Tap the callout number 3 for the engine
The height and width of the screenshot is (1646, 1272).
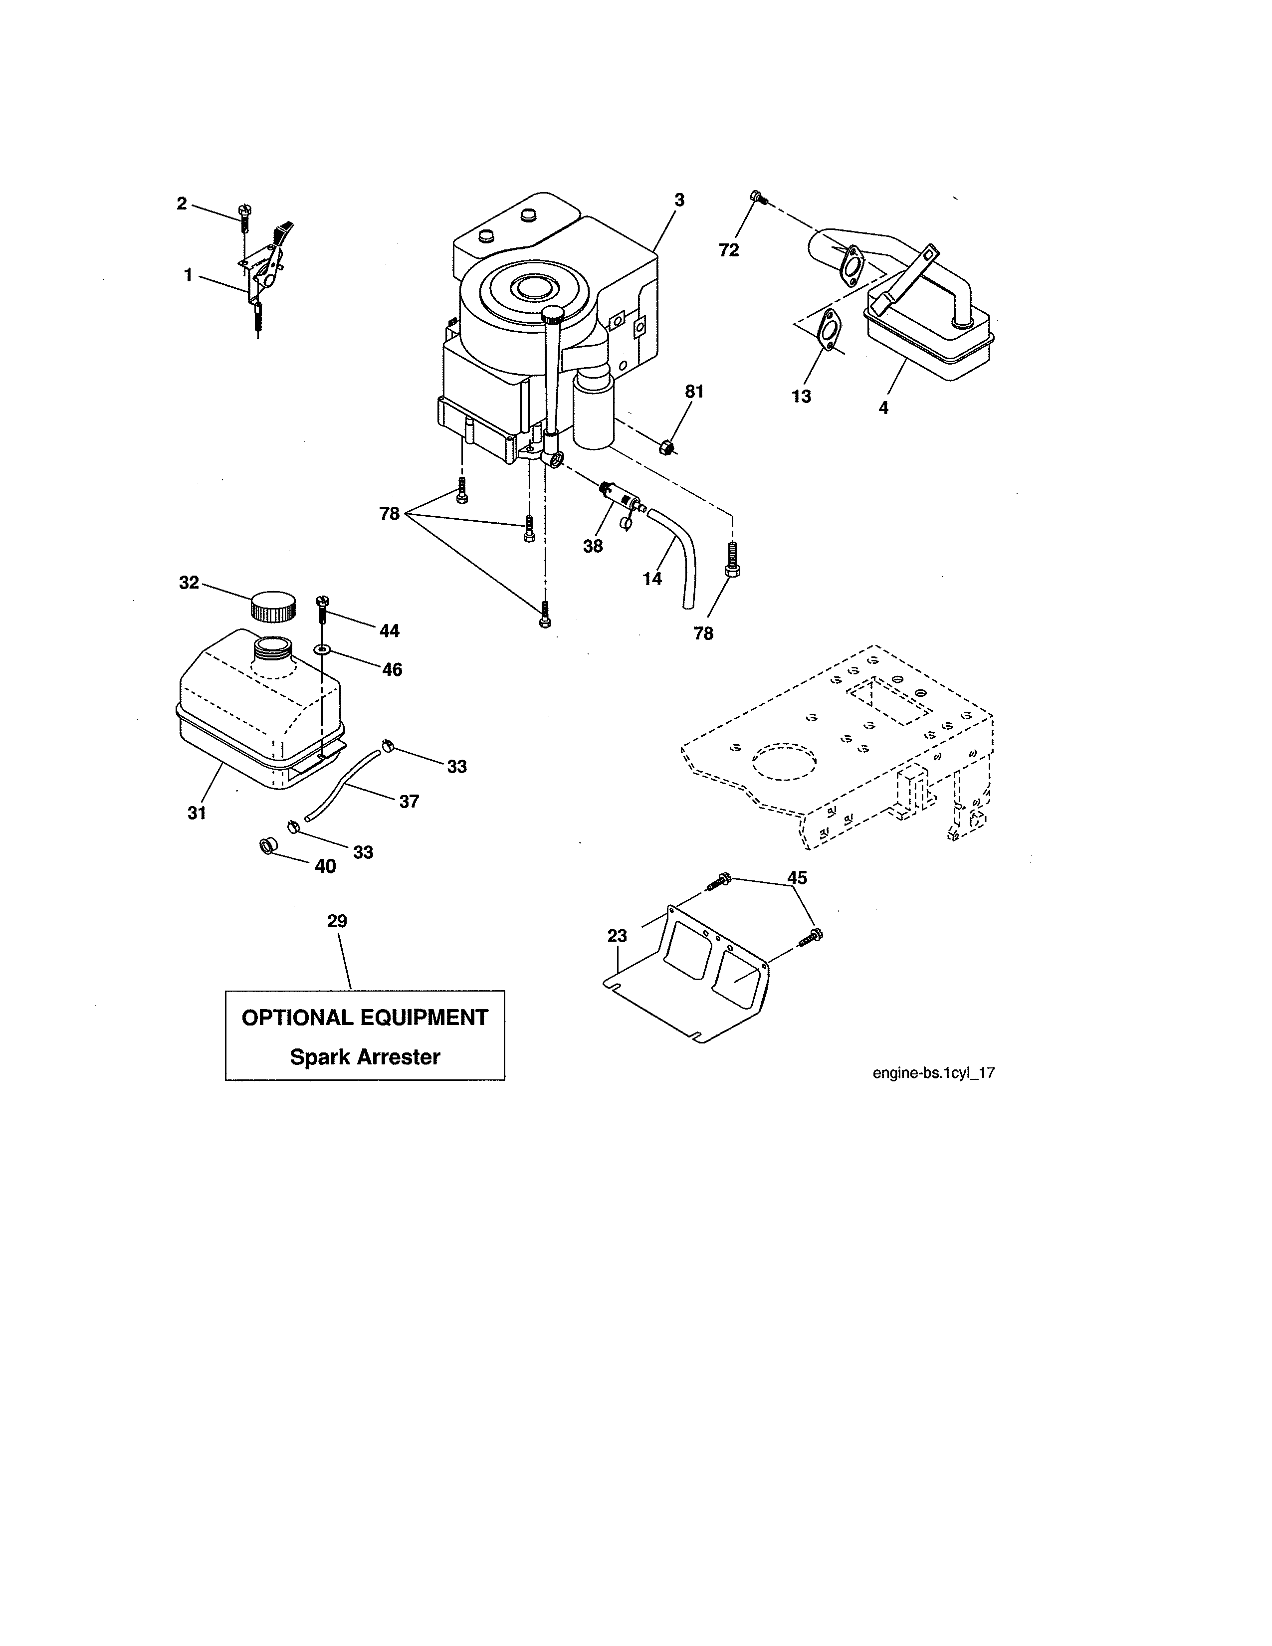click(x=679, y=201)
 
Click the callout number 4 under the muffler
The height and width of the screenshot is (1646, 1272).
click(x=883, y=408)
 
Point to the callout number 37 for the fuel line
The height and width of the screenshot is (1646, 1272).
click(x=409, y=801)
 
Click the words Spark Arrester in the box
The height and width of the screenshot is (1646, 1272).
click(x=365, y=1056)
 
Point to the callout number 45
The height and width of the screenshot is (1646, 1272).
click(x=797, y=877)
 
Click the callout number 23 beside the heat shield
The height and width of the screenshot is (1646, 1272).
click(x=617, y=936)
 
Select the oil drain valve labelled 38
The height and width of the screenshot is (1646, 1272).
click(x=625, y=497)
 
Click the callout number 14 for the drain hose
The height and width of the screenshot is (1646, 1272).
click(x=652, y=578)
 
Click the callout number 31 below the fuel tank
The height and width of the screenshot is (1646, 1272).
click(x=197, y=813)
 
